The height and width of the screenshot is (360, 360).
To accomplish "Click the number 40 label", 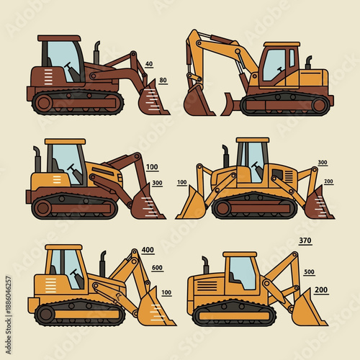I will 149,64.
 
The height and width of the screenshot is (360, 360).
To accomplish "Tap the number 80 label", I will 163,80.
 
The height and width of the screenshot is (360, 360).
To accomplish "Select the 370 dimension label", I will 305,240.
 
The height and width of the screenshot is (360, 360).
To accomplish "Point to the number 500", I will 309,272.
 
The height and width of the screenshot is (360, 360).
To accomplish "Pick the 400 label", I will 148,250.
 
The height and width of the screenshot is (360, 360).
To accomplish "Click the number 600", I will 157,268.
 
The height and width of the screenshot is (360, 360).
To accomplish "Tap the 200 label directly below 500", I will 321,289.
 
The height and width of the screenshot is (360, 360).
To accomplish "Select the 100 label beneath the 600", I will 166,292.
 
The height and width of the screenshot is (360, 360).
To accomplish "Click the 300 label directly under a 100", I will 157,183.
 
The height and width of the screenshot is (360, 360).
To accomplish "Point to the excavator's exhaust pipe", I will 308,63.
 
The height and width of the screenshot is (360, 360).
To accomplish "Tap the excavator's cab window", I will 274,65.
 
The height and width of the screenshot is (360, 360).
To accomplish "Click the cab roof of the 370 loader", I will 240,254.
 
